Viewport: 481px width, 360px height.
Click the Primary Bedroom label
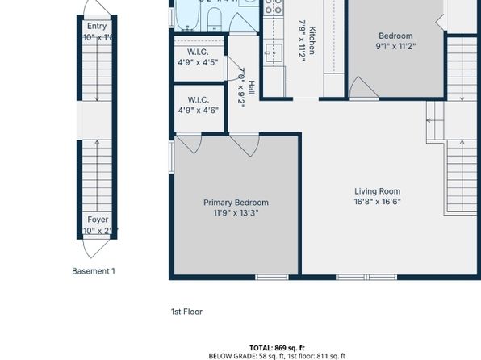point(236,203)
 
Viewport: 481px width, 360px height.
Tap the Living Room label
point(378,191)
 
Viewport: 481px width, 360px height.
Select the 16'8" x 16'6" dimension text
point(378,202)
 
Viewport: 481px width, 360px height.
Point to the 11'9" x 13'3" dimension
point(236,213)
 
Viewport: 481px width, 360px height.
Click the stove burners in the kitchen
point(274,7)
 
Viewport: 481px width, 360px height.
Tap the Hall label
point(252,86)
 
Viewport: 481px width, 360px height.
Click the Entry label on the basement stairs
point(97,27)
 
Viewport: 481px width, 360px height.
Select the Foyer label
point(98,220)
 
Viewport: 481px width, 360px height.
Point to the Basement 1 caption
point(94,271)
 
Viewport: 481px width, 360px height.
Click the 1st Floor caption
point(186,311)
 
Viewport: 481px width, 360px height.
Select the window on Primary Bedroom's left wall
point(171,157)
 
